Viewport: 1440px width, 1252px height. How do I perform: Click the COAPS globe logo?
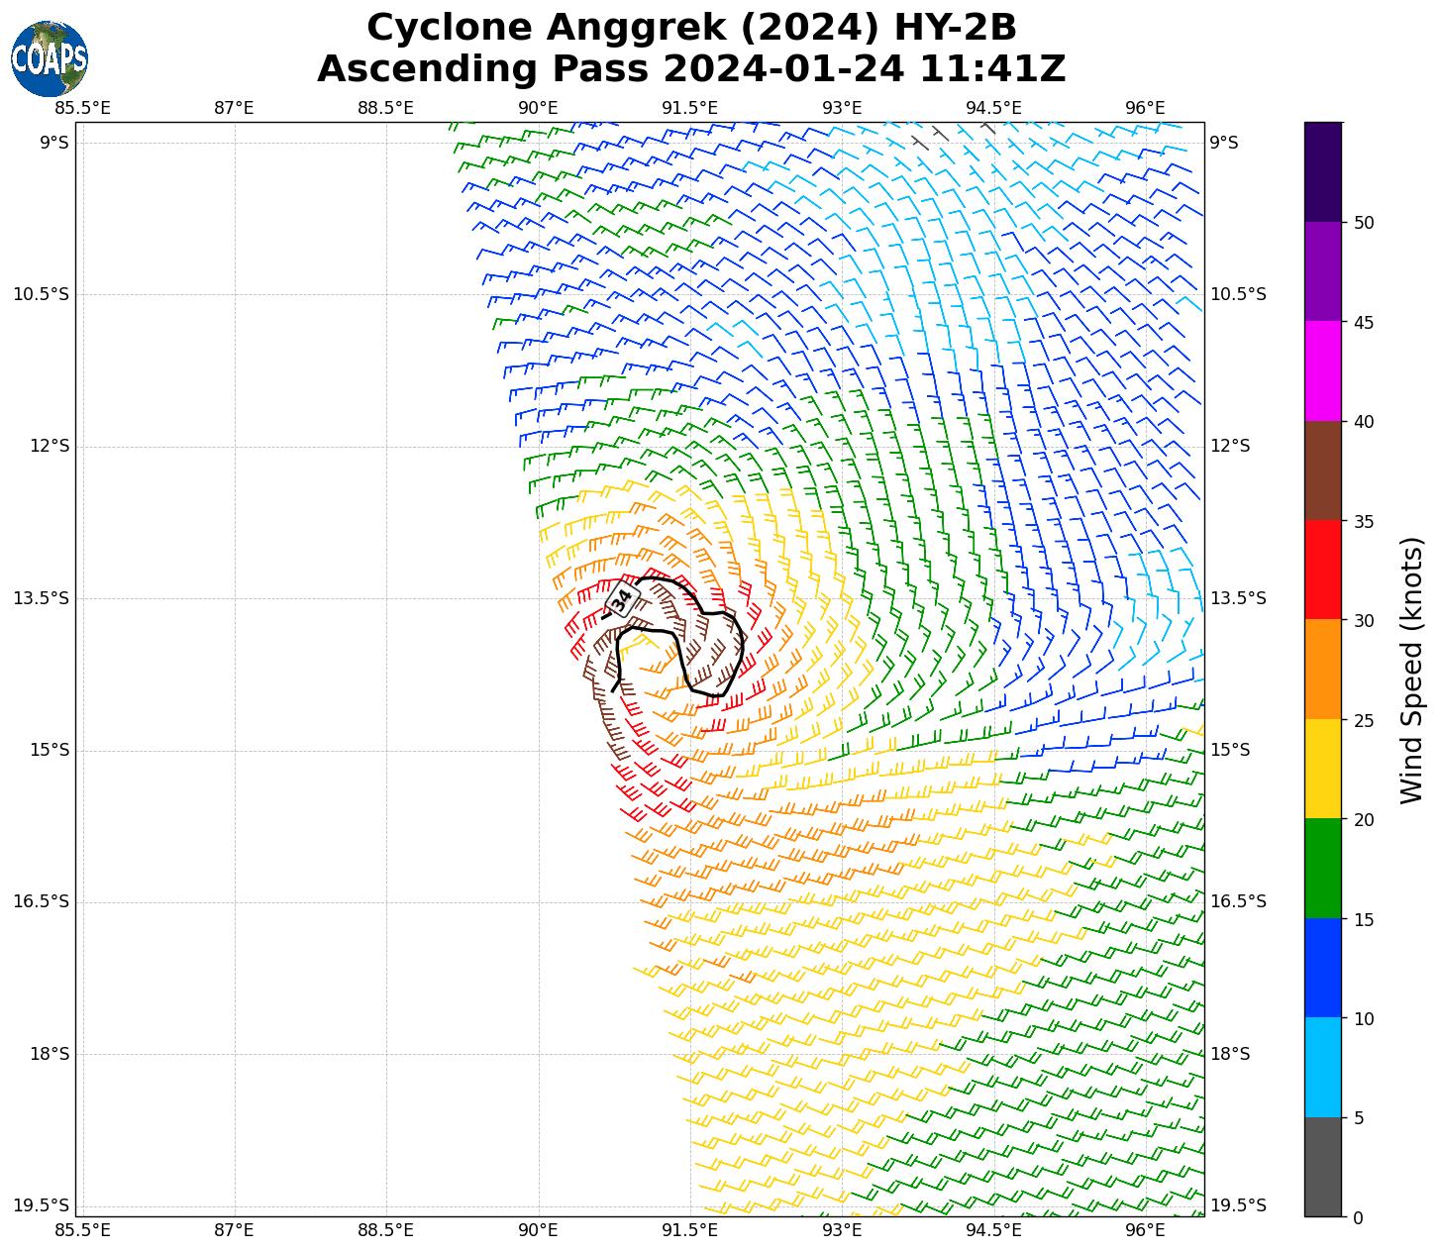click(49, 58)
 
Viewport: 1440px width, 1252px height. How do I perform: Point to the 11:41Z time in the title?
click(992, 69)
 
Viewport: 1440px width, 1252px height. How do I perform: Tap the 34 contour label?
click(622, 598)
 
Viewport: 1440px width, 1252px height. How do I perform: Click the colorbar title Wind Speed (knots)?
click(1411, 670)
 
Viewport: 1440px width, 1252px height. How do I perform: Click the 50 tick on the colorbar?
click(1363, 223)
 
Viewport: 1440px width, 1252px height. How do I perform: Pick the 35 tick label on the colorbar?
click(1363, 521)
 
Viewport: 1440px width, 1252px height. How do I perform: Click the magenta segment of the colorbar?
click(1323, 371)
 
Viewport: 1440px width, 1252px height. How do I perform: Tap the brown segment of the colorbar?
click(1323, 470)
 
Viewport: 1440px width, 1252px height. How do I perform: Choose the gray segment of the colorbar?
click(1323, 1167)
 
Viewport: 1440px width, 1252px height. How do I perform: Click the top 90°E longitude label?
click(538, 108)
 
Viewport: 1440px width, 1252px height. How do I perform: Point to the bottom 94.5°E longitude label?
click(993, 1230)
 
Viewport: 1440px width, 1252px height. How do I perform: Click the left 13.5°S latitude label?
click(41, 598)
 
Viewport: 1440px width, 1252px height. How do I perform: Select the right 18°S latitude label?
click(1230, 1054)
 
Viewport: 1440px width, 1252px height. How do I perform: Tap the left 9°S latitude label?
click(53, 143)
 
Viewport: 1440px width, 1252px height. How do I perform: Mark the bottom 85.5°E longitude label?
click(82, 1230)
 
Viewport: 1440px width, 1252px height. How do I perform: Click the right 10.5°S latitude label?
click(1238, 294)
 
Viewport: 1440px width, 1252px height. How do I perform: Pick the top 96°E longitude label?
click(1146, 108)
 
